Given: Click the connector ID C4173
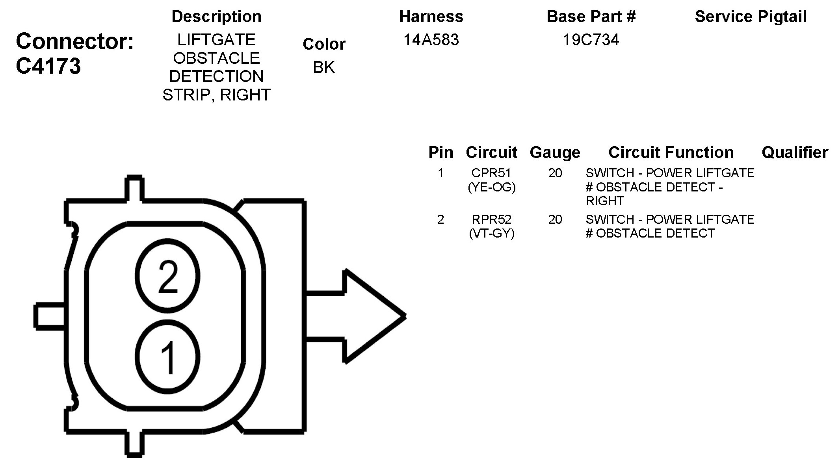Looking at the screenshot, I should pyautogui.click(x=48, y=66).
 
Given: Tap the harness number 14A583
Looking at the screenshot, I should pyautogui.click(x=431, y=40).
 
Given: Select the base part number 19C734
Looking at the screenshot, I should pyautogui.click(x=591, y=40).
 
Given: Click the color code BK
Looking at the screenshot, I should pyautogui.click(x=323, y=68).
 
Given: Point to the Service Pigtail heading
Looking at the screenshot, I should pyautogui.click(x=751, y=17).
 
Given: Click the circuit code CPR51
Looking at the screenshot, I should pyautogui.click(x=491, y=173).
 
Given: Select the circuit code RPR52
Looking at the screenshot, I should pyautogui.click(x=491, y=219).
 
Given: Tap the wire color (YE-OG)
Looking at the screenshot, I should pyautogui.click(x=491, y=187).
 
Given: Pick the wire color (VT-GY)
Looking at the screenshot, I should pyautogui.click(x=491, y=234).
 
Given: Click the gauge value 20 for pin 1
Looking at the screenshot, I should pyautogui.click(x=555, y=173).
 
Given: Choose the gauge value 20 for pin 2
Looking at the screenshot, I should pyautogui.click(x=555, y=219).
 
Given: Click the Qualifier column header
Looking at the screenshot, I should pyautogui.click(x=795, y=152).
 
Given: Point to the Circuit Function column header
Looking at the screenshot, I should pyautogui.click(x=671, y=152).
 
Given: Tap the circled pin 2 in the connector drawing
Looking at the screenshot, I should pyautogui.click(x=167, y=276).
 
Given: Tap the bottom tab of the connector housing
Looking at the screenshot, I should pyautogui.click(x=134, y=444).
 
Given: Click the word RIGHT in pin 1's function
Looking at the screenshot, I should pyautogui.click(x=605, y=201).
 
